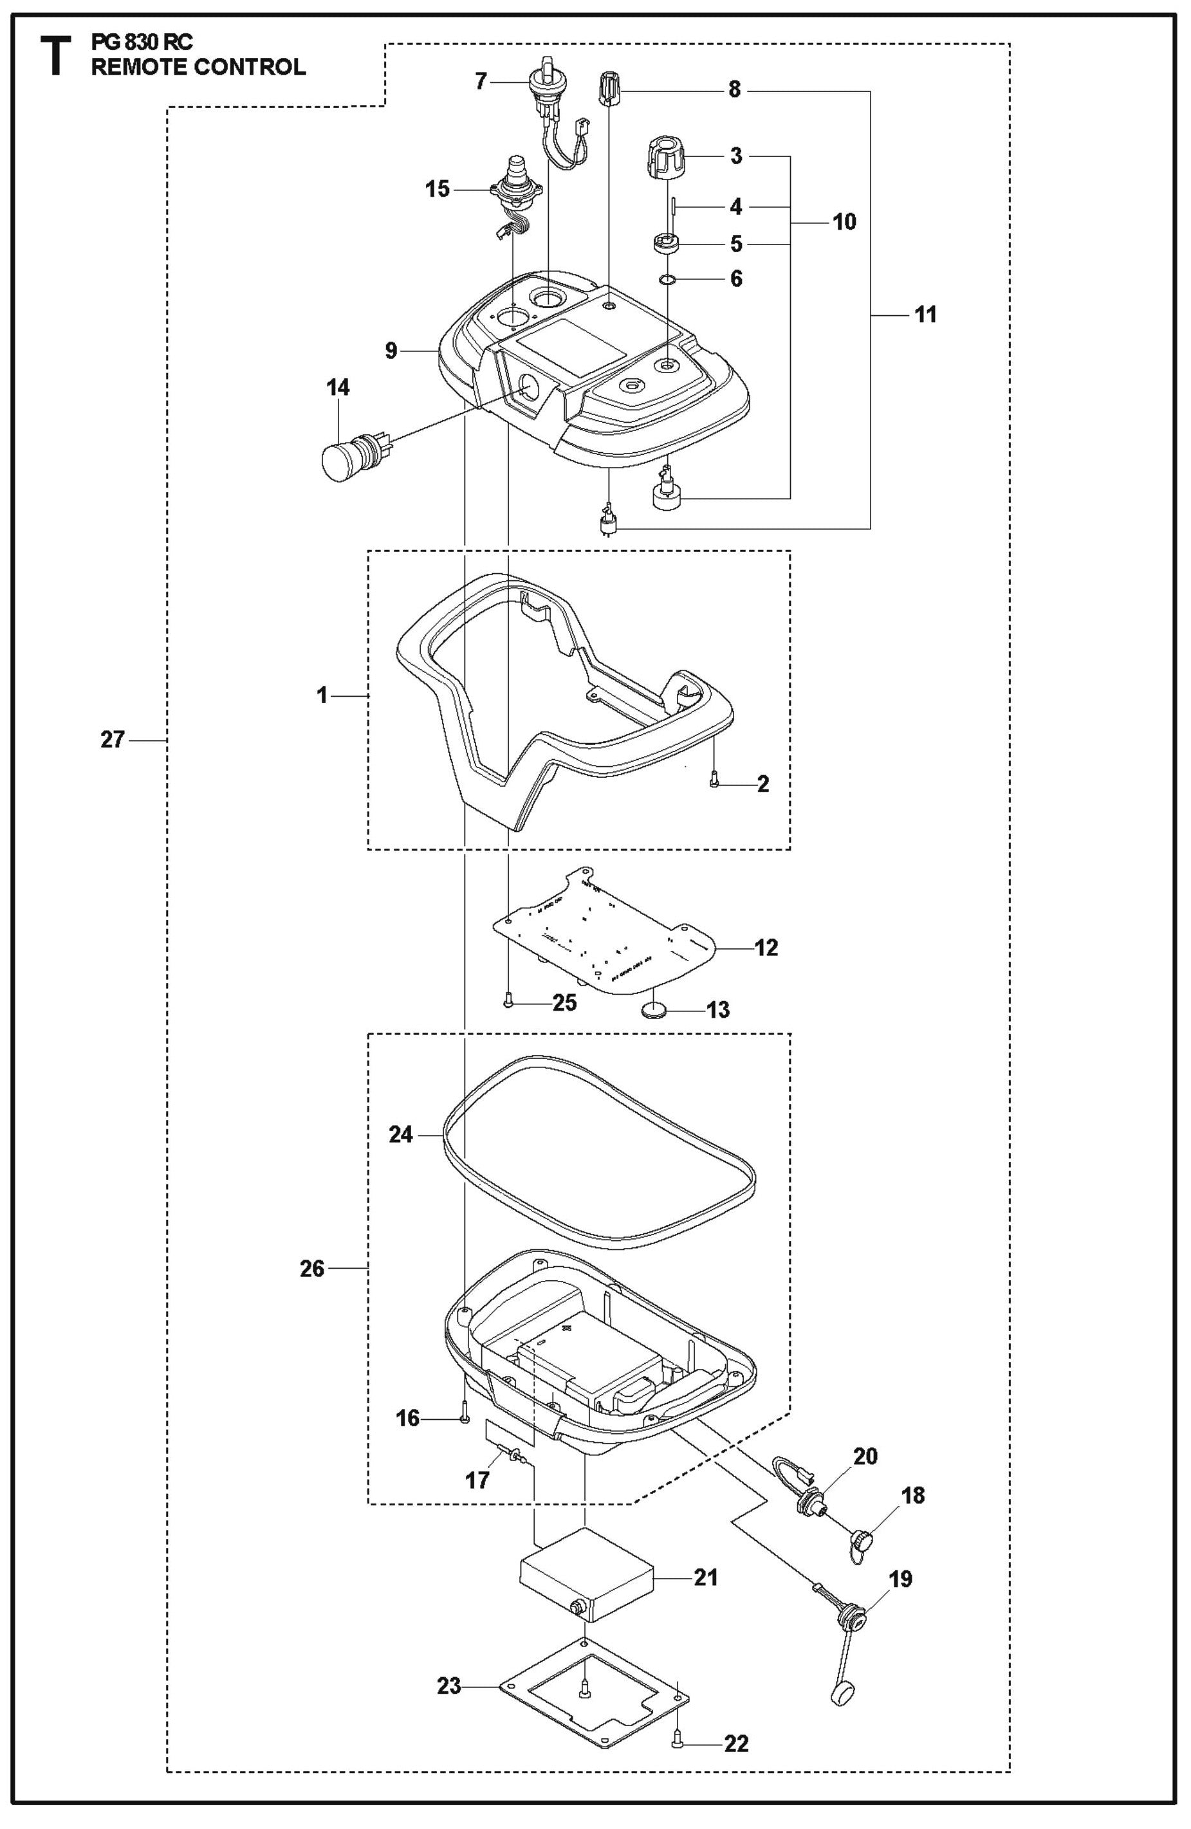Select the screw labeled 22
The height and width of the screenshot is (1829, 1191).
coord(678,1723)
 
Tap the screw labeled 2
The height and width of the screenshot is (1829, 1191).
coord(715,782)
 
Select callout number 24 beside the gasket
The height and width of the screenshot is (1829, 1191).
coord(401,1134)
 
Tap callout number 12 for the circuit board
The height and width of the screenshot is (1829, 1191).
coord(767,948)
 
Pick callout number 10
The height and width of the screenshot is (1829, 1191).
coord(844,222)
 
